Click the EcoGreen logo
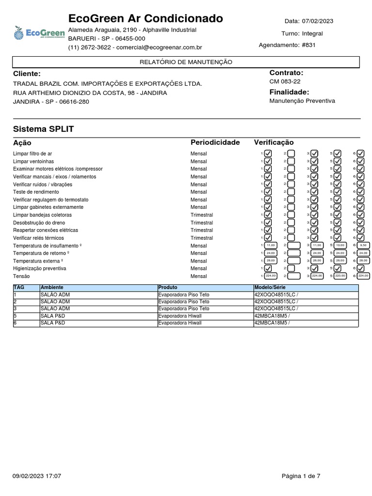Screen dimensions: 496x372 click(39, 33)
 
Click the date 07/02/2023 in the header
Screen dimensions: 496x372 click(317, 21)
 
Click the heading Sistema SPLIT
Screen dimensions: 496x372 click(44, 129)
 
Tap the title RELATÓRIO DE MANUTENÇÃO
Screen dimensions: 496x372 click(186, 62)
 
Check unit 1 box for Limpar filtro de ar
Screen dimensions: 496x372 click(268, 154)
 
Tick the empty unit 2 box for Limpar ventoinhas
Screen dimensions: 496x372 click(291, 161)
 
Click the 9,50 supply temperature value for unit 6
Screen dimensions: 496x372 click(363, 246)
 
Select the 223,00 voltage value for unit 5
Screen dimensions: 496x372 click(340, 276)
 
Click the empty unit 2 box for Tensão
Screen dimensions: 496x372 click(294, 276)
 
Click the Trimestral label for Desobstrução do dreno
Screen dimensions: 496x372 click(201, 222)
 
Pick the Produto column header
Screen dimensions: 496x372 click(168, 288)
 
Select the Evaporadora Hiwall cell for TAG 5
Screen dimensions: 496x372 click(180, 316)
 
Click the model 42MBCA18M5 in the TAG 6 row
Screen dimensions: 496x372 click(271, 323)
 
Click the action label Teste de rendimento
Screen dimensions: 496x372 click(36, 192)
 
